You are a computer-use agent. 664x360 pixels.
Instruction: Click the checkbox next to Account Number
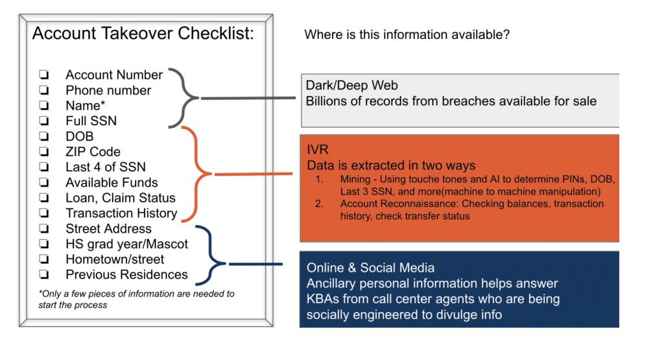tap(44, 75)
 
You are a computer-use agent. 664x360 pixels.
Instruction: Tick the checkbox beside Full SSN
tap(44, 121)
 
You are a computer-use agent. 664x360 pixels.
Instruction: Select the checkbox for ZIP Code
tap(44, 152)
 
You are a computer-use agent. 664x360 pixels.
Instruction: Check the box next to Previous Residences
tap(44, 275)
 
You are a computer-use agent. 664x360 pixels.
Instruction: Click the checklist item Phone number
tap(108, 90)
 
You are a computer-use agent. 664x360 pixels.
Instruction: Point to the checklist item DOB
tap(79, 136)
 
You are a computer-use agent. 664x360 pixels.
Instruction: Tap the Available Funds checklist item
tap(112, 182)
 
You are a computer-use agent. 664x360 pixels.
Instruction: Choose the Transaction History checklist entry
tap(121, 213)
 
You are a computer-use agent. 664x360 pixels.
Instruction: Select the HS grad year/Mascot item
tap(126, 244)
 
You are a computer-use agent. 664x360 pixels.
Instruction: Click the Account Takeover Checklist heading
tap(143, 34)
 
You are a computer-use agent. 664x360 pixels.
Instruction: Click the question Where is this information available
tap(407, 35)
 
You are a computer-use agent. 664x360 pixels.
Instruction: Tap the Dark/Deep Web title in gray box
tap(352, 86)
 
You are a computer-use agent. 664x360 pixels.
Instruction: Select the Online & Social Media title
tap(370, 268)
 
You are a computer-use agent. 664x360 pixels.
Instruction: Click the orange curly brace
tap(198, 174)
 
